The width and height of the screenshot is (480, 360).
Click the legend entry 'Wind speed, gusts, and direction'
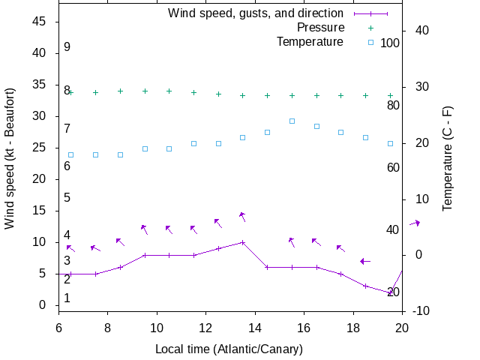click(256, 13)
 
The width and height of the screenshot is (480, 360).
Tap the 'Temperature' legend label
click(310, 41)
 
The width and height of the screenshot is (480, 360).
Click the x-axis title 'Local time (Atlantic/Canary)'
click(229, 349)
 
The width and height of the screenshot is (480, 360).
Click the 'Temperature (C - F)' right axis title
click(447, 157)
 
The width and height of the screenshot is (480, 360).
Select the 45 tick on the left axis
click(40, 22)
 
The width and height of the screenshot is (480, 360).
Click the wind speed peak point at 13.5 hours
click(242, 242)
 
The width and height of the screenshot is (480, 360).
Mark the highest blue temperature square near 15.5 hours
click(292, 121)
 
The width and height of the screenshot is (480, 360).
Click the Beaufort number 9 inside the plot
click(67, 47)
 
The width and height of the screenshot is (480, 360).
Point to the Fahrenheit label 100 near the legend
click(390, 43)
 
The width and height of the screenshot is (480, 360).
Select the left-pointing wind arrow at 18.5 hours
click(365, 261)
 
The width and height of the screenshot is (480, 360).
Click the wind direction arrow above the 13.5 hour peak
click(242, 216)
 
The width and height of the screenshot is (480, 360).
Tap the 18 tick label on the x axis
click(353, 327)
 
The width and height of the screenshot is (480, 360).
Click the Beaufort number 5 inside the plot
click(67, 198)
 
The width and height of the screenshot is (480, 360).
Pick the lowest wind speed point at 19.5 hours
click(390, 292)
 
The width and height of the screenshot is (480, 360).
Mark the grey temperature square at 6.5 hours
click(71, 154)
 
